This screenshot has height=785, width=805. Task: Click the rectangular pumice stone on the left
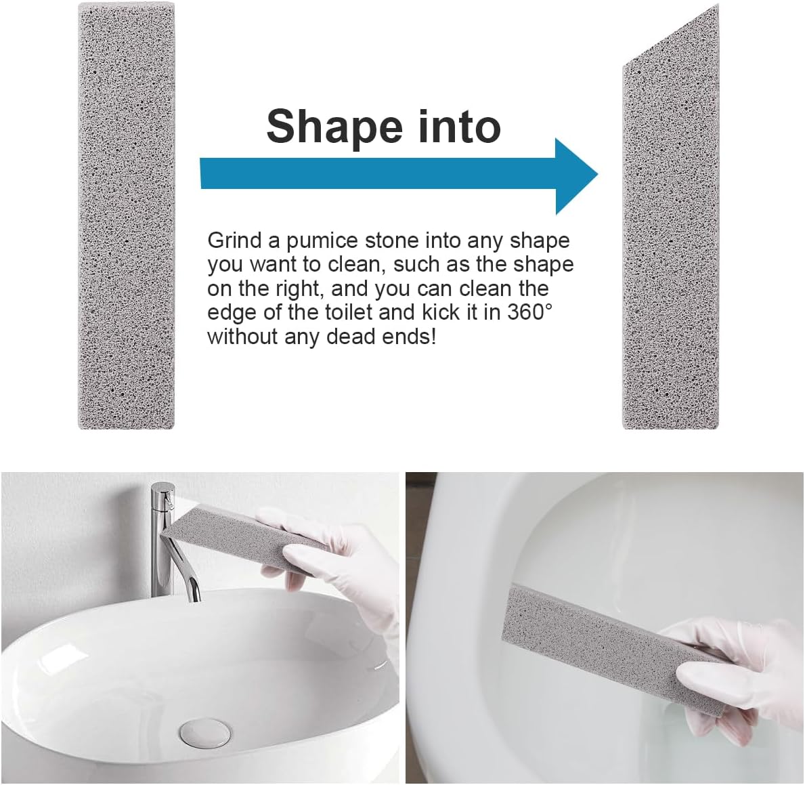click(x=126, y=217)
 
